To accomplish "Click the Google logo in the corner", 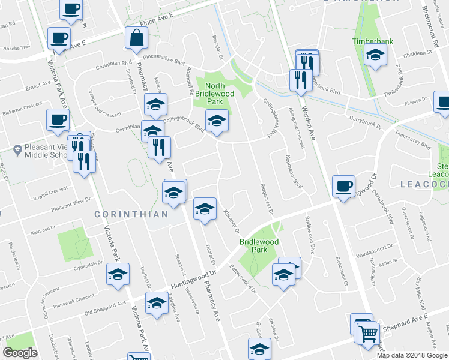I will pos(20,353).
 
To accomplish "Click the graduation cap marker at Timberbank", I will pos(375,55).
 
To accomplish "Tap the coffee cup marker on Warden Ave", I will pos(343,187).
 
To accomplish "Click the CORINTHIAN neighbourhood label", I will pos(131,214).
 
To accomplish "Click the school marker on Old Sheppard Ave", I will pos(157,304).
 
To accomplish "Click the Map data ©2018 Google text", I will pos(412,355).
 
